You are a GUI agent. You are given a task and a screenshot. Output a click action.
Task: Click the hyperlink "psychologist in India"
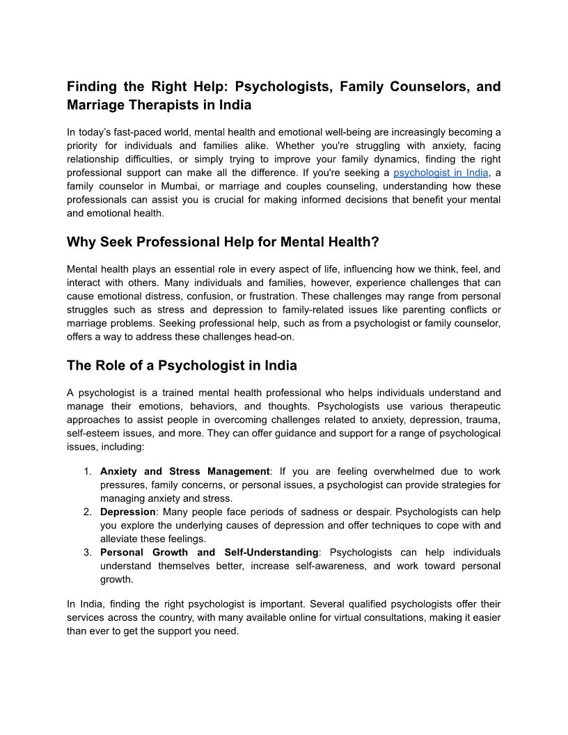tap(441, 173)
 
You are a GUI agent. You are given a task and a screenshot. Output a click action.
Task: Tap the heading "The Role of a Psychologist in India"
tap(182, 365)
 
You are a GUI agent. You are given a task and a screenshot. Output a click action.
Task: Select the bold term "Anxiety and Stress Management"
tap(184, 472)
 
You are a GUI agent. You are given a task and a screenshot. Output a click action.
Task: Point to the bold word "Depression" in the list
tap(127, 512)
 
